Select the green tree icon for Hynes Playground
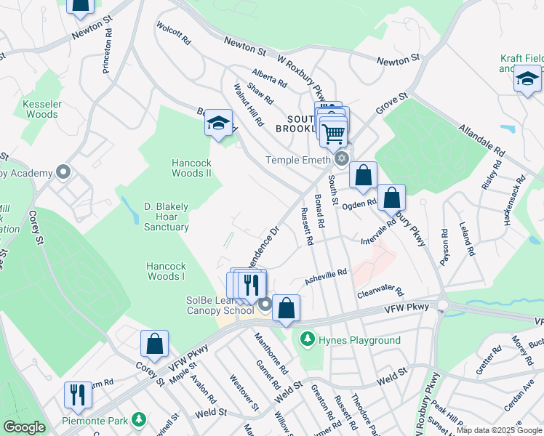(x=308, y=339)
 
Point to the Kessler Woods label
(x=40, y=109)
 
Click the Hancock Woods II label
(x=191, y=168)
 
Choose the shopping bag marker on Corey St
(x=155, y=344)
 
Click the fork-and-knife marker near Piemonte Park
(x=78, y=395)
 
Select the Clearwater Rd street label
(x=380, y=292)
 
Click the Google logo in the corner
(x=24, y=427)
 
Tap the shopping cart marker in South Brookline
(x=333, y=132)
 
